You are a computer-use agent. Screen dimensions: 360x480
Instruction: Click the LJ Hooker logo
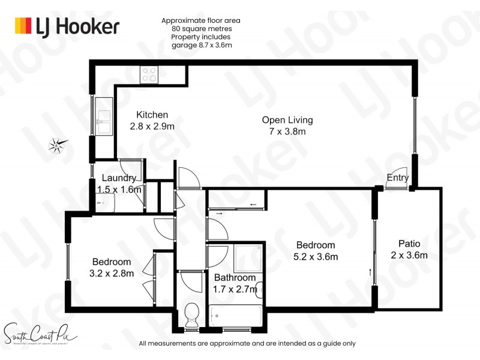point(67,26)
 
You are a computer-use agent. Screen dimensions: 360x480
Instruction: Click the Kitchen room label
point(152,115)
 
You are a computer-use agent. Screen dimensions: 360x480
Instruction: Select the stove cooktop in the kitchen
point(149,74)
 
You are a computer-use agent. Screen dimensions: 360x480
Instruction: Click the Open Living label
point(287,120)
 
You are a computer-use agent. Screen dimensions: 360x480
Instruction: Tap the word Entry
point(398,178)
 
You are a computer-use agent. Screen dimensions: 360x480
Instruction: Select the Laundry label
point(119,178)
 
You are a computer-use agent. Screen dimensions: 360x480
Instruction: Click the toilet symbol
point(192,313)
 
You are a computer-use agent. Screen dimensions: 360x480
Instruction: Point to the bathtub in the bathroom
point(235,316)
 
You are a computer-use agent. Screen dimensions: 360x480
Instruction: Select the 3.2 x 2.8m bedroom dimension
point(112,273)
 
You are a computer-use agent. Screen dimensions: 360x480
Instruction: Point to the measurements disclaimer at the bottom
point(247,344)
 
